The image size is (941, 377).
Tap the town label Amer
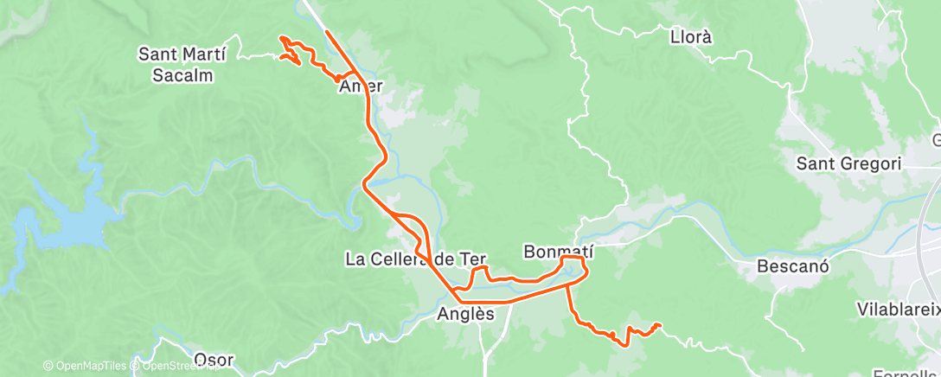pyautogui.click(x=362, y=86)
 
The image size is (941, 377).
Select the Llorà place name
pyautogui.click(x=691, y=37)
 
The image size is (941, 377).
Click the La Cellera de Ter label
pyautogui.click(x=416, y=259)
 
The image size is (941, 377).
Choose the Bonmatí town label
pyautogui.click(x=556, y=252)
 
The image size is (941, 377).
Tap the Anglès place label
pyautogui.click(x=466, y=314)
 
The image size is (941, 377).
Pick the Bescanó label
pyautogui.click(x=793, y=265)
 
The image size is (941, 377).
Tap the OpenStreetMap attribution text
pyautogui.click(x=173, y=367)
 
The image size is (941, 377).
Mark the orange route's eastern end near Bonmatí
pyautogui.click(x=661, y=325)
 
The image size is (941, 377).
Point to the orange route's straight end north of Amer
pyautogui.click(x=327, y=32)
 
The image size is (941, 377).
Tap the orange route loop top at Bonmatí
pyautogui.click(x=573, y=257)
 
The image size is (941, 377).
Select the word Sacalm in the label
pyautogui.click(x=182, y=75)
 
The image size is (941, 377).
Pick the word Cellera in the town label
pyautogui.click(x=399, y=259)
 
